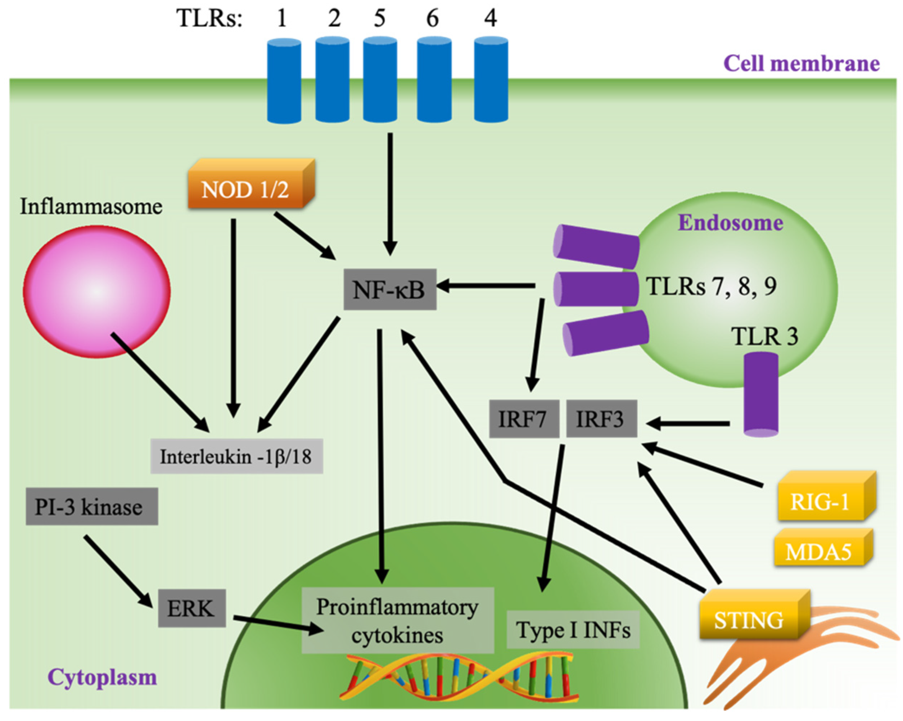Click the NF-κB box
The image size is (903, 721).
[x=389, y=289]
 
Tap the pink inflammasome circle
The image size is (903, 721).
[x=97, y=291]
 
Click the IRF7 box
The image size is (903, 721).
[x=524, y=419]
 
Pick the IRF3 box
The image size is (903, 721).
[x=601, y=419]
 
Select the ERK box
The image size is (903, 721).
[x=192, y=608]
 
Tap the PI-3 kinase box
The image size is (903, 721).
[x=91, y=507]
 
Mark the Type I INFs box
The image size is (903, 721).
[x=573, y=630]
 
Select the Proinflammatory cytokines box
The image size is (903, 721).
[x=397, y=621]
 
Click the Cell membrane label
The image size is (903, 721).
[x=801, y=64]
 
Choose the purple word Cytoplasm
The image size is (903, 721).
[x=102, y=677]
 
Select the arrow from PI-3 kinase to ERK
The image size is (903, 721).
[x=118, y=570]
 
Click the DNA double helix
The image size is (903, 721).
[x=459, y=677]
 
